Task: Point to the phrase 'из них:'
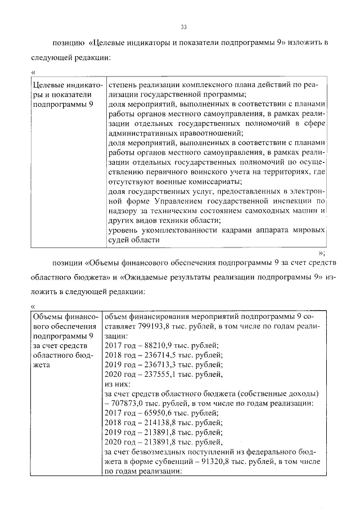(118, 384)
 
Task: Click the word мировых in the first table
(309, 230)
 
